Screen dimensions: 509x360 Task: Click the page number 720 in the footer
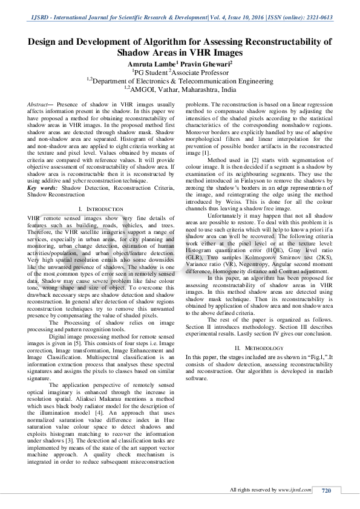point(327,490)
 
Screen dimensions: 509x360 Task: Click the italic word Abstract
point(38,105)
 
